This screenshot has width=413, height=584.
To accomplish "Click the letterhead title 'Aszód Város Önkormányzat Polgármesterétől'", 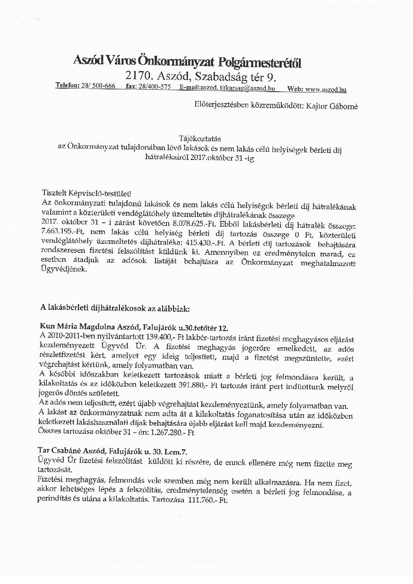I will tap(187, 62).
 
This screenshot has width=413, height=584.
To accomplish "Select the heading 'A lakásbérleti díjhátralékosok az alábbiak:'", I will tap(115, 308).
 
